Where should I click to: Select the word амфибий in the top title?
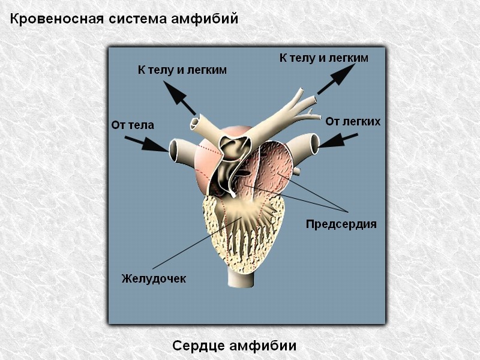pyautogui.click(x=204, y=19)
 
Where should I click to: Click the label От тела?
pyautogui.click(x=133, y=125)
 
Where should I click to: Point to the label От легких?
pyautogui.click(x=353, y=122)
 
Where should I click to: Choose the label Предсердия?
pyautogui.click(x=341, y=224)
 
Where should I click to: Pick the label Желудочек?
pyautogui.click(x=154, y=278)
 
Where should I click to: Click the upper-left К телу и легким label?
pyautogui.click(x=182, y=70)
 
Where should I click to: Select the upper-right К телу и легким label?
pyautogui.click(x=323, y=58)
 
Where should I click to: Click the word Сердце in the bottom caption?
pyautogui.click(x=199, y=346)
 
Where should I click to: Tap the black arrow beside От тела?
pyautogui.click(x=146, y=144)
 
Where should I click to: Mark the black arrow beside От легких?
pyautogui.click(x=338, y=140)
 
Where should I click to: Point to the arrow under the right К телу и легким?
pyautogui.click(x=336, y=79)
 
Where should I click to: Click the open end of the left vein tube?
pyautogui.click(x=174, y=150)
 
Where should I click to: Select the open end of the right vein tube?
pyautogui.click(x=314, y=144)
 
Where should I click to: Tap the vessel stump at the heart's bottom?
pyautogui.click(x=241, y=279)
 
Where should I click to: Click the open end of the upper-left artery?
pyautogui.click(x=194, y=124)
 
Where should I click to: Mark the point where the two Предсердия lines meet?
pyautogui.click(x=347, y=212)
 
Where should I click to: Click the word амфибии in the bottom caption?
pyautogui.click(x=263, y=346)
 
